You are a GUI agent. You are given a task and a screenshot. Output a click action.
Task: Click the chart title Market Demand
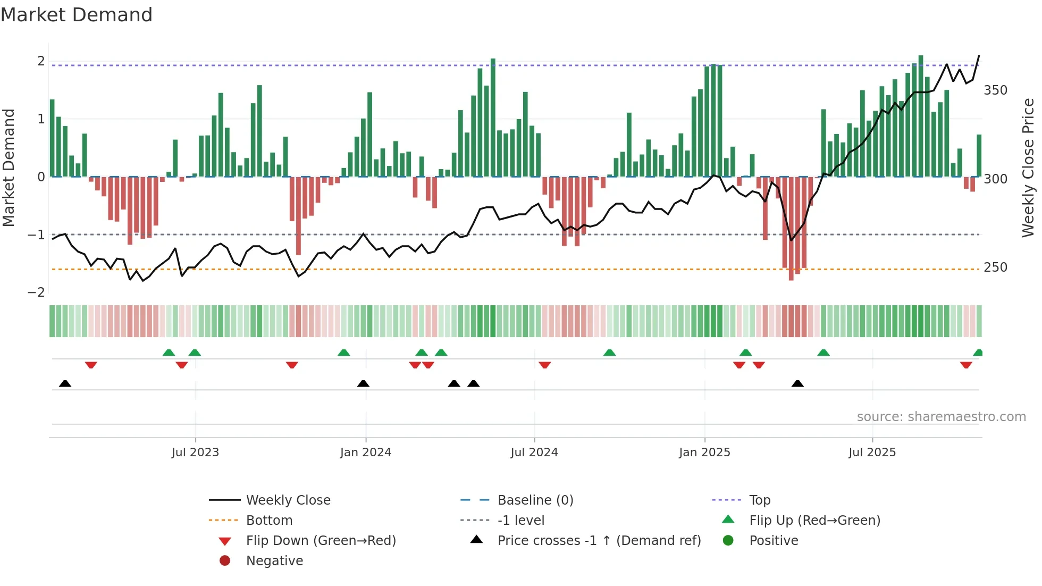pyautogui.click(x=77, y=15)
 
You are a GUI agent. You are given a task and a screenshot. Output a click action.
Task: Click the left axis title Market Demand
pyautogui.click(x=9, y=168)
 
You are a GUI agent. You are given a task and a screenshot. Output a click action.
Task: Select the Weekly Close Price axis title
pyautogui.click(x=1028, y=168)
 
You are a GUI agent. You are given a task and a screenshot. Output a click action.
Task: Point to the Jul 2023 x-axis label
pyautogui.click(x=195, y=453)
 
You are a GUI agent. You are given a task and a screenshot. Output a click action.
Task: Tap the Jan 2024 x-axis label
pyautogui.click(x=366, y=453)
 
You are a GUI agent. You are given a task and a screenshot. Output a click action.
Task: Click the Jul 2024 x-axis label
pyautogui.click(x=534, y=453)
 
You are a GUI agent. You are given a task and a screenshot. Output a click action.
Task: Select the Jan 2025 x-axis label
pyautogui.click(x=704, y=453)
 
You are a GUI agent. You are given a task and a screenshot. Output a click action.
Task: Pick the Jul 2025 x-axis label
pyautogui.click(x=872, y=453)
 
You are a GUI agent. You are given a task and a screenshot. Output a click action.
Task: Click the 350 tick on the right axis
pyautogui.click(x=995, y=90)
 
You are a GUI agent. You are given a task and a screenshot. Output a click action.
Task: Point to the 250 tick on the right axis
pyautogui.click(x=995, y=267)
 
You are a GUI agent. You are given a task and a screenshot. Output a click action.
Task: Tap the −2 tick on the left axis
pyautogui.click(x=36, y=292)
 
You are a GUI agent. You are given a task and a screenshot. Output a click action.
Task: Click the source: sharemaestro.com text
pyautogui.click(x=941, y=417)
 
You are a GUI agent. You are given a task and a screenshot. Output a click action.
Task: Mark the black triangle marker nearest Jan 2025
pyautogui.click(x=797, y=383)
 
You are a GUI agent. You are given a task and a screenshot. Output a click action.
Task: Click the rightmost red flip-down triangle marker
pyautogui.click(x=966, y=365)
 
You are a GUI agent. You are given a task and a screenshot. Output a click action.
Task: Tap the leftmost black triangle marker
pyautogui.click(x=65, y=383)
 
